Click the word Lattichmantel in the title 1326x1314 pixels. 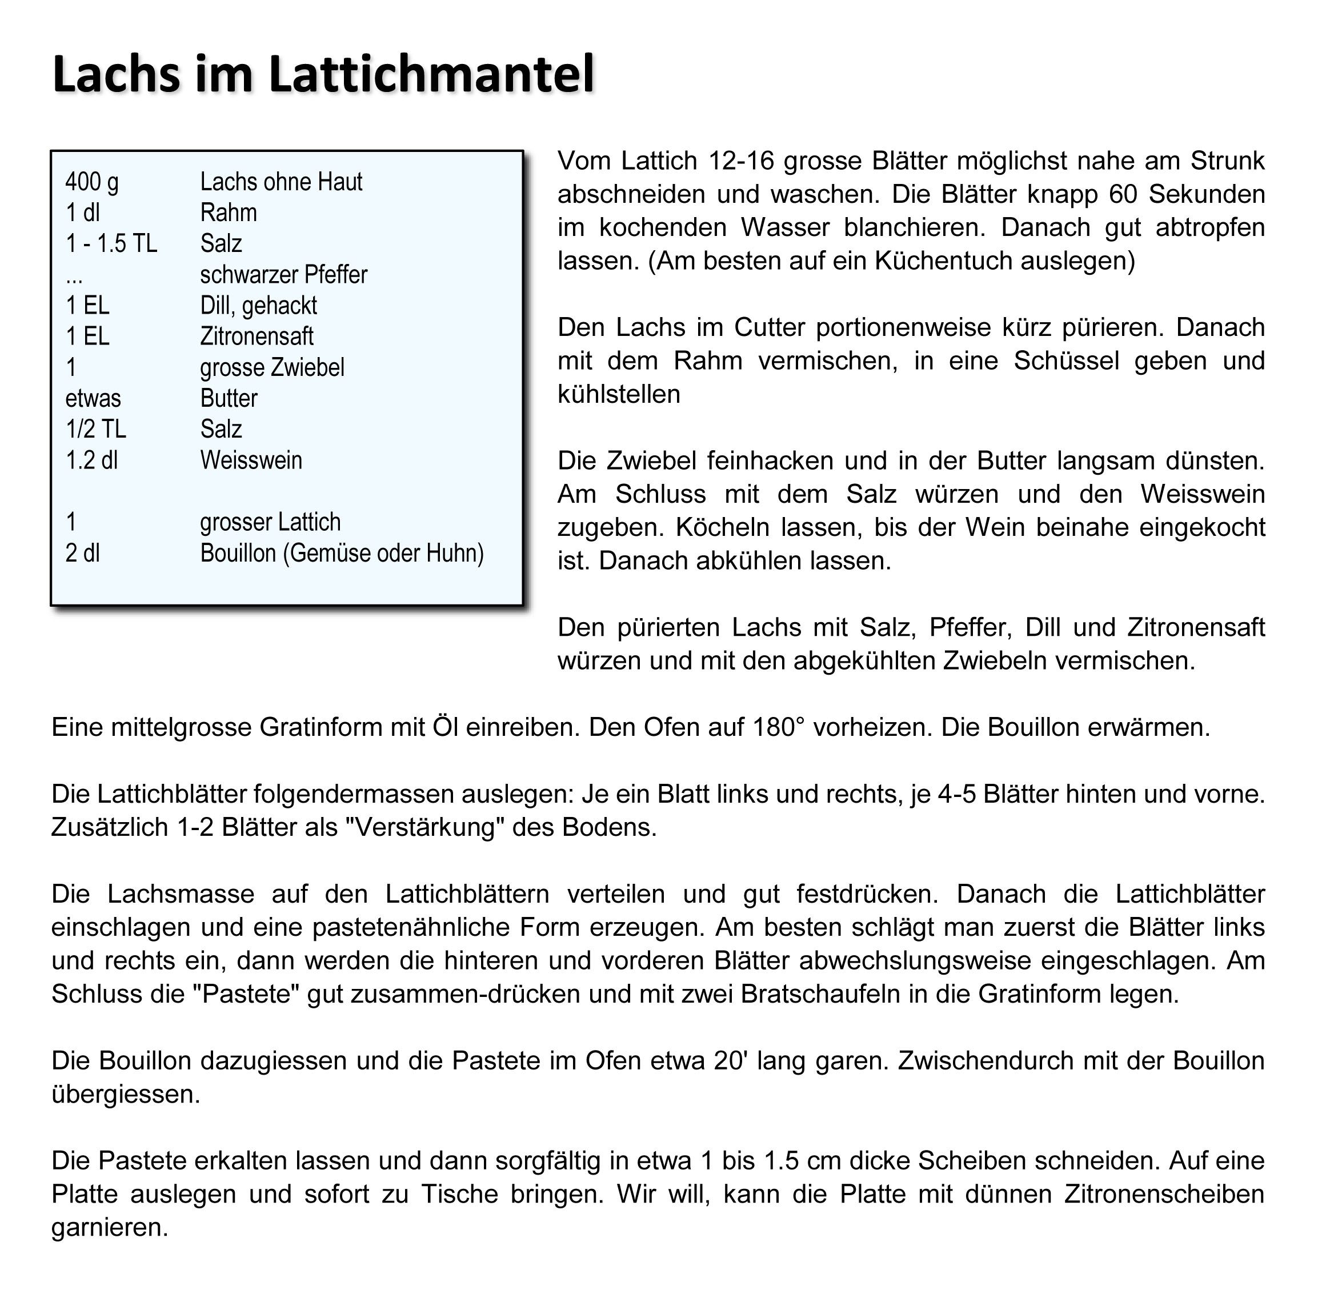tap(431, 74)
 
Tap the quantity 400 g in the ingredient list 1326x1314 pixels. tap(92, 182)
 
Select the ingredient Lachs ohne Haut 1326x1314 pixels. tap(281, 182)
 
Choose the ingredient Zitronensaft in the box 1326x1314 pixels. tap(257, 337)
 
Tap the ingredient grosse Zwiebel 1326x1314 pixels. tap(272, 368)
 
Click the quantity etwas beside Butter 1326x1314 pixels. tap(93, 399)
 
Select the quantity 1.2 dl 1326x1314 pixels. tap(91, 460)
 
